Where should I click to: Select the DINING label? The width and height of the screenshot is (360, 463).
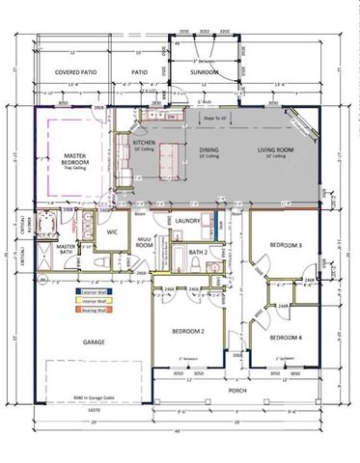pyautogui.click(x=208, y=150)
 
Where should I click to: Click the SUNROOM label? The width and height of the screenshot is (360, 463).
pyautogui.click(x=206, y=71)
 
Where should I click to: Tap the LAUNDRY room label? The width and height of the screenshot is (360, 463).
pyautogui.click(x=187, y=221)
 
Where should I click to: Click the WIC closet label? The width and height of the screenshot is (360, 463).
pyautogui.click(x=111, y=231)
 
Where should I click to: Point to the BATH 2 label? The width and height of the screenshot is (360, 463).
pyautogui.click(x=197, y=252)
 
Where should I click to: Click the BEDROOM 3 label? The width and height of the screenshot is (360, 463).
pyautogui.click(x=286, y=246)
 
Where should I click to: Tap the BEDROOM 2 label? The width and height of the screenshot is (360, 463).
pyautogui.click(x=188, y=331)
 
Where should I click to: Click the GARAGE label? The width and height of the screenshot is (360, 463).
pyautogui.click(x=93, y=342)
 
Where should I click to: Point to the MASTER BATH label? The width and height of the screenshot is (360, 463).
pyautogui.click(x=66, y=251)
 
